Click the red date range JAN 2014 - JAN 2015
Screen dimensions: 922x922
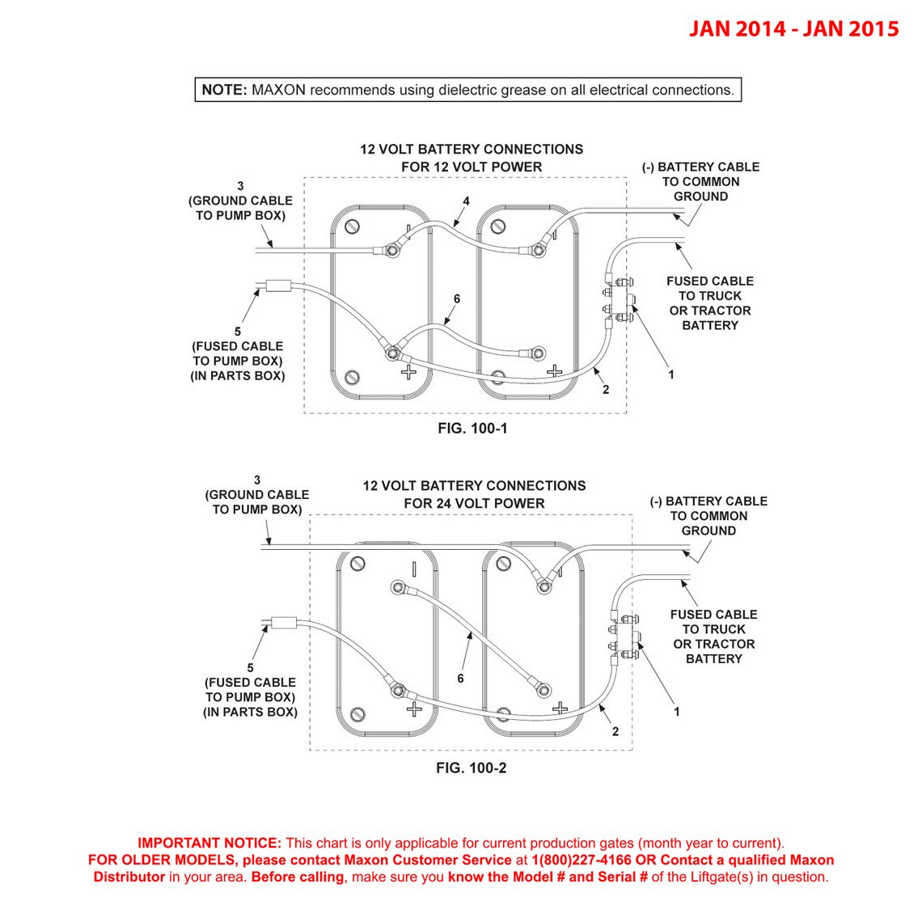pos(793,29)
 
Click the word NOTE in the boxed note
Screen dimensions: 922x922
pos(224,90)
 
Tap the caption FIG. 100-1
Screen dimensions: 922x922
pos(472,428)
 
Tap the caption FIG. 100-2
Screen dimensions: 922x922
pos(471,768)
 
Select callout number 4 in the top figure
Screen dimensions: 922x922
pos(466,201)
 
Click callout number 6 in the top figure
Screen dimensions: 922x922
pos(457,299)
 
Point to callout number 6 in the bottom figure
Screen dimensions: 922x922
pos(460,679)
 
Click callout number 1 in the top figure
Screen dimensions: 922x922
pos(670,374)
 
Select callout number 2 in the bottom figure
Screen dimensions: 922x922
pos(615,731)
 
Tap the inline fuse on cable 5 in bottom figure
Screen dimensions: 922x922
pos(284,623)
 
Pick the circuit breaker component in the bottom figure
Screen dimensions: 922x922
pos(624,637)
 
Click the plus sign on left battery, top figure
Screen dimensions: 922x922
pos(409,372)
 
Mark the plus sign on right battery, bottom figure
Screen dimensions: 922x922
pos(560,708)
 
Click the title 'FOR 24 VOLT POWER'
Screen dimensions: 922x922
pos(474,503)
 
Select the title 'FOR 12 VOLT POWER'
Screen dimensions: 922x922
pos(472,167)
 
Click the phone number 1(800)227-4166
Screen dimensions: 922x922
pos(582,860)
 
